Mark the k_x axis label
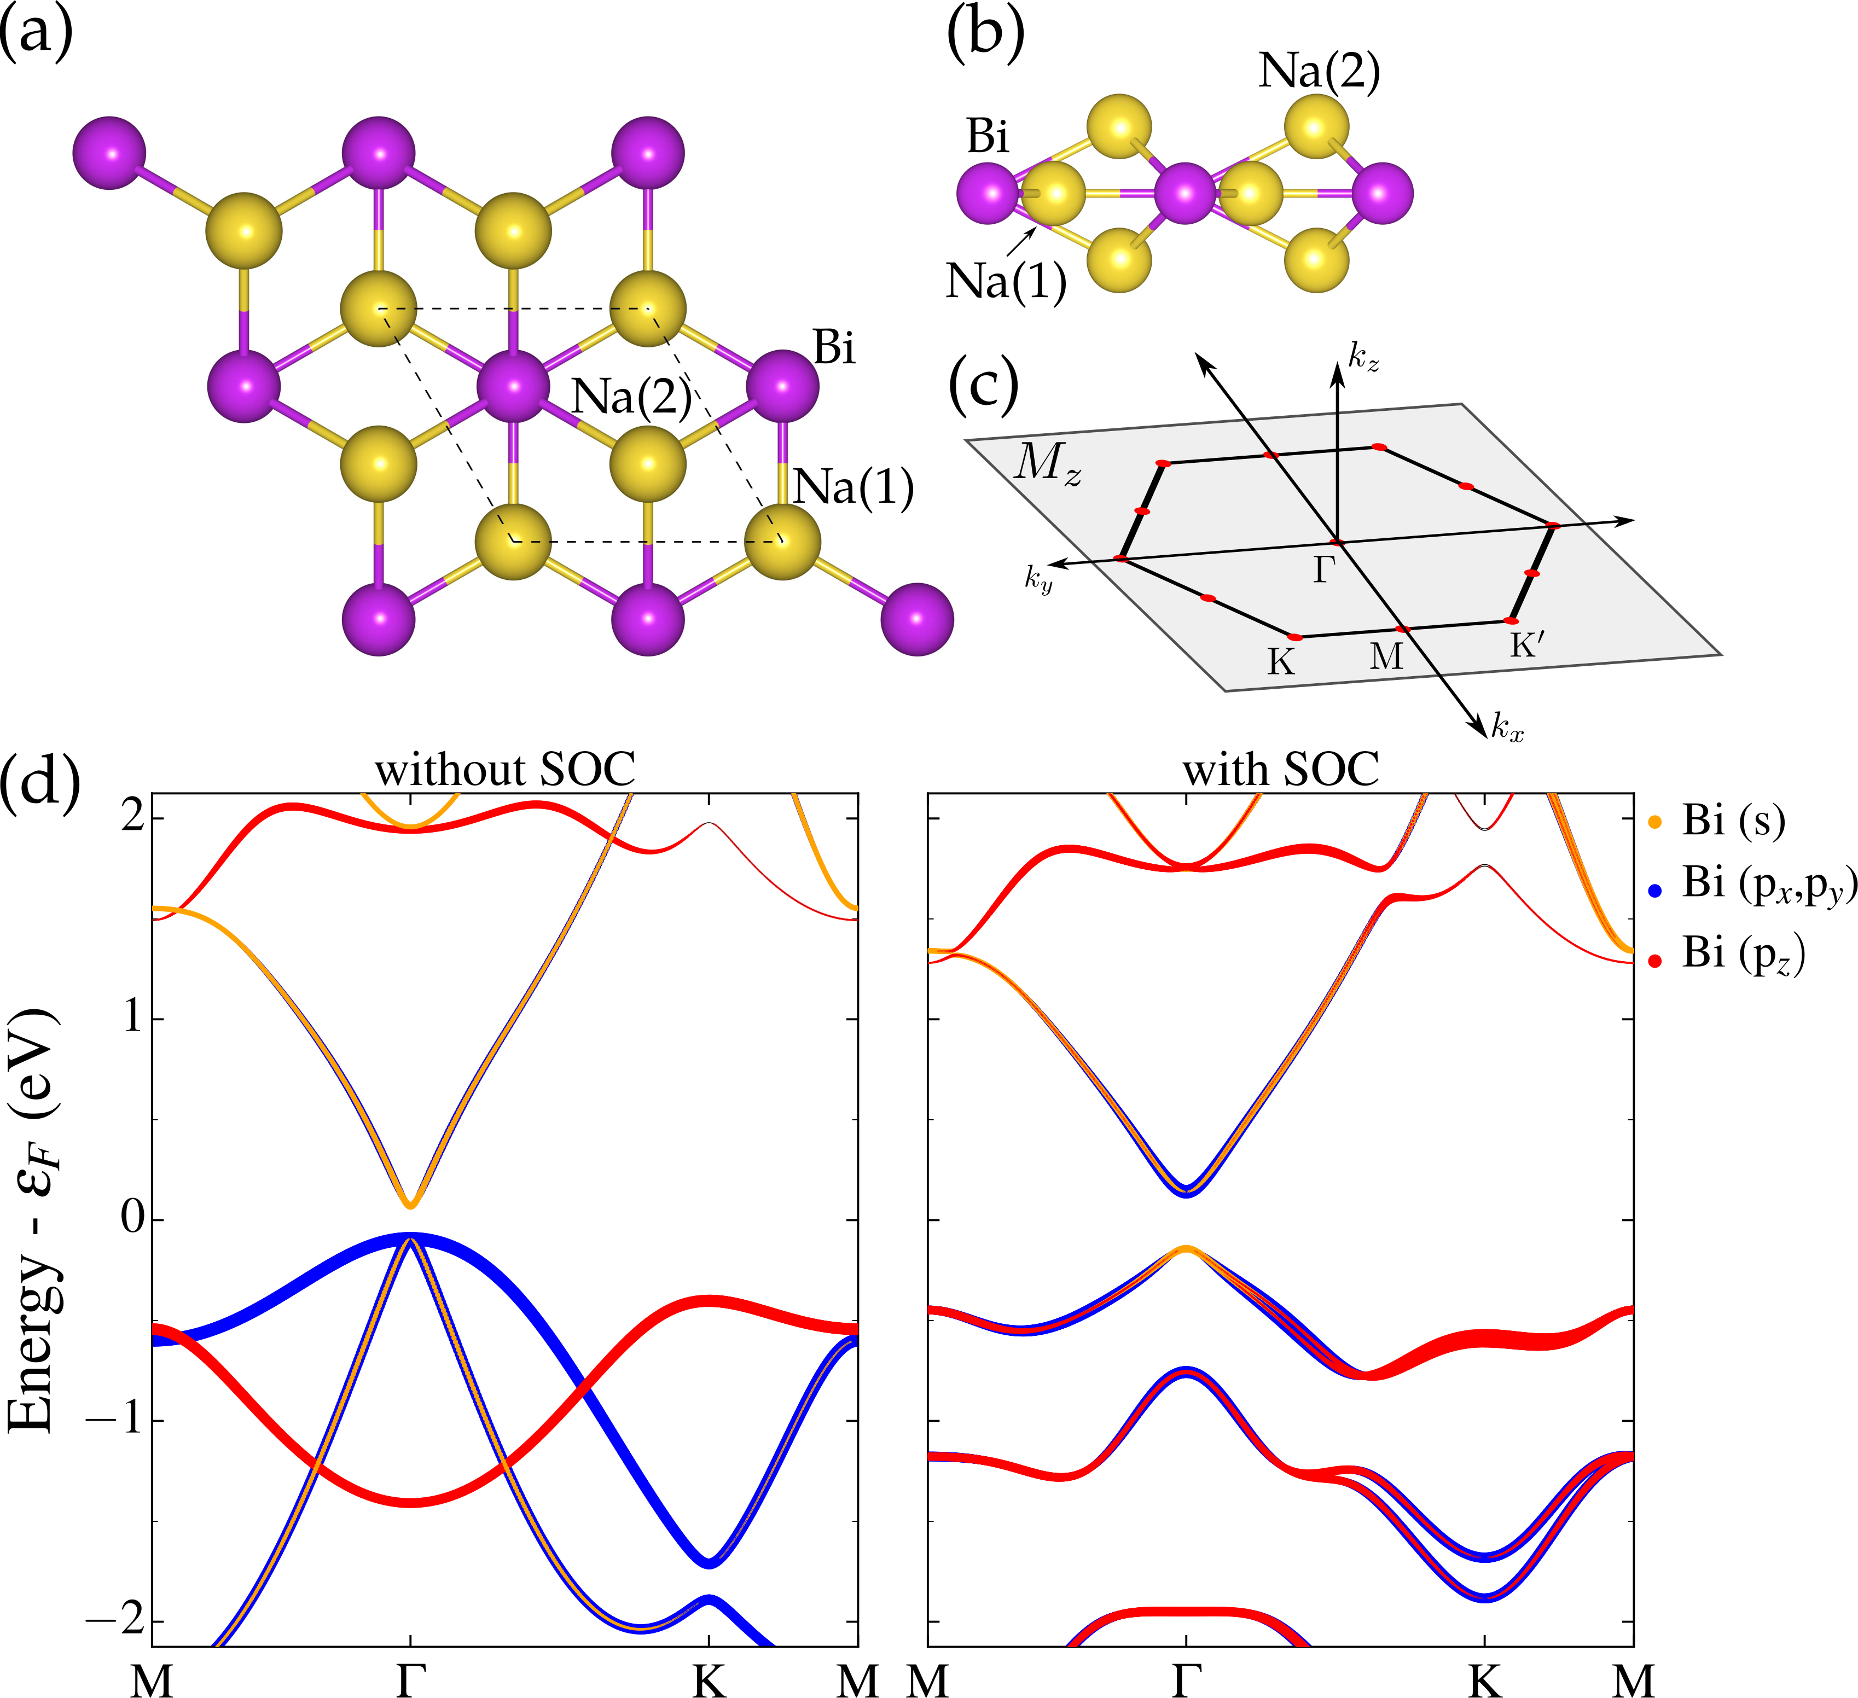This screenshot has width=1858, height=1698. (1508, 730)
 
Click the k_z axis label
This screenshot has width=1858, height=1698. (1364, 357)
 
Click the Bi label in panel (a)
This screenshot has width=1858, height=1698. (834, 349)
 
